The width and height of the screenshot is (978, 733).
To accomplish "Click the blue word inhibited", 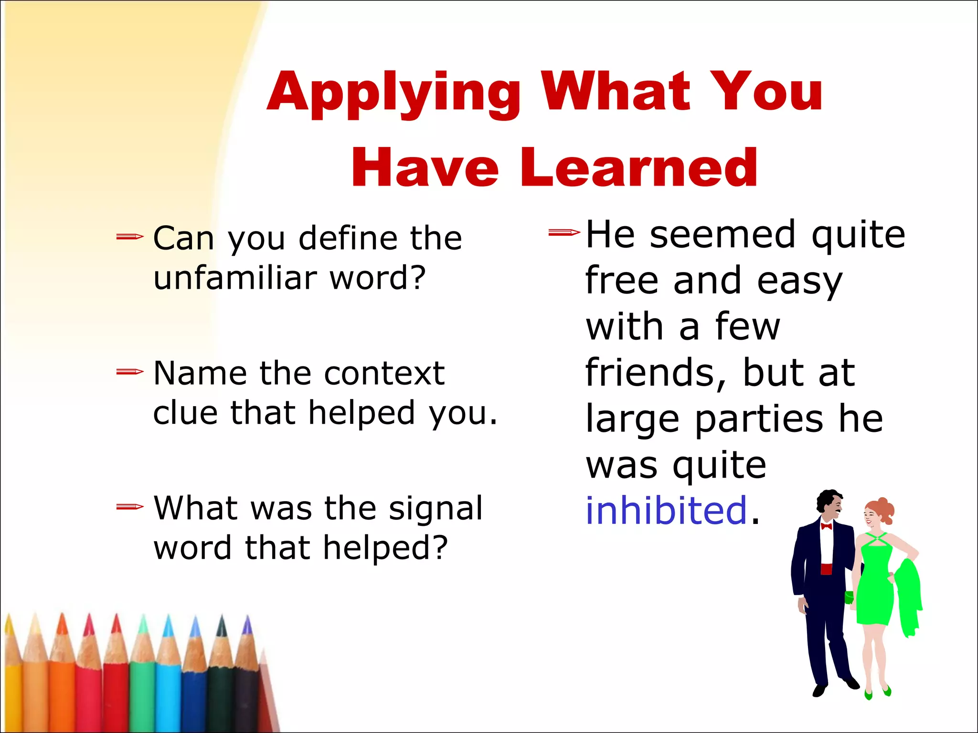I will click(666, 511).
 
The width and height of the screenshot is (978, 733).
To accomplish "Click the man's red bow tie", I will click(826, 526).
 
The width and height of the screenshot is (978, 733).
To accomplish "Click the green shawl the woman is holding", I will click(907, 597).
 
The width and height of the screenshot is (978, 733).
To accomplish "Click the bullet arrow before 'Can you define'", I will click(129, 236).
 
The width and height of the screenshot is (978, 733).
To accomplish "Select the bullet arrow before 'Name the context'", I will click(129, 371).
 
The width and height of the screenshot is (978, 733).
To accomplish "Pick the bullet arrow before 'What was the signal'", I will click(129, 506).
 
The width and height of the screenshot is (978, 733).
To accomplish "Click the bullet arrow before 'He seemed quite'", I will click(564, 232).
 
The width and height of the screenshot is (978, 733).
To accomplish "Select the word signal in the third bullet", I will click(436, 509).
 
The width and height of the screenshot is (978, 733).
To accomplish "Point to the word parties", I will click(759, 419).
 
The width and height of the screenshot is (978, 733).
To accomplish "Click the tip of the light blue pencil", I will click(168, 623).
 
